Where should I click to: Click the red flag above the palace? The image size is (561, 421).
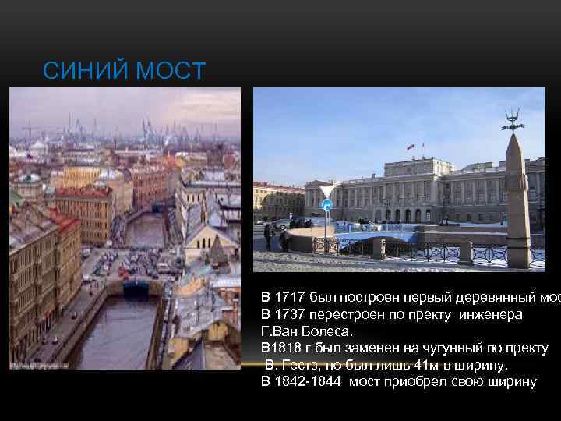[x=410, y=147]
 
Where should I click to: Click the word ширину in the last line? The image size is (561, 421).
[x=510, y=382]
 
